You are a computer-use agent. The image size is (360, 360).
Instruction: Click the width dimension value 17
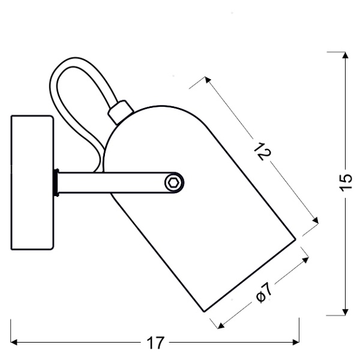(155, 344)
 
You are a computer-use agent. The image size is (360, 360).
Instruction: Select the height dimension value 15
(345, 183)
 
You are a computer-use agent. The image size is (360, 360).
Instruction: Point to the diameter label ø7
(263, 292)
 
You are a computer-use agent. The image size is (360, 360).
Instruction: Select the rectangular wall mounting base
(32, 183)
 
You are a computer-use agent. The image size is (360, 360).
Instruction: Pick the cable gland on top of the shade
(121, 110)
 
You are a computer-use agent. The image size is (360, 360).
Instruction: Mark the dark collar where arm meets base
(56, 182)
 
